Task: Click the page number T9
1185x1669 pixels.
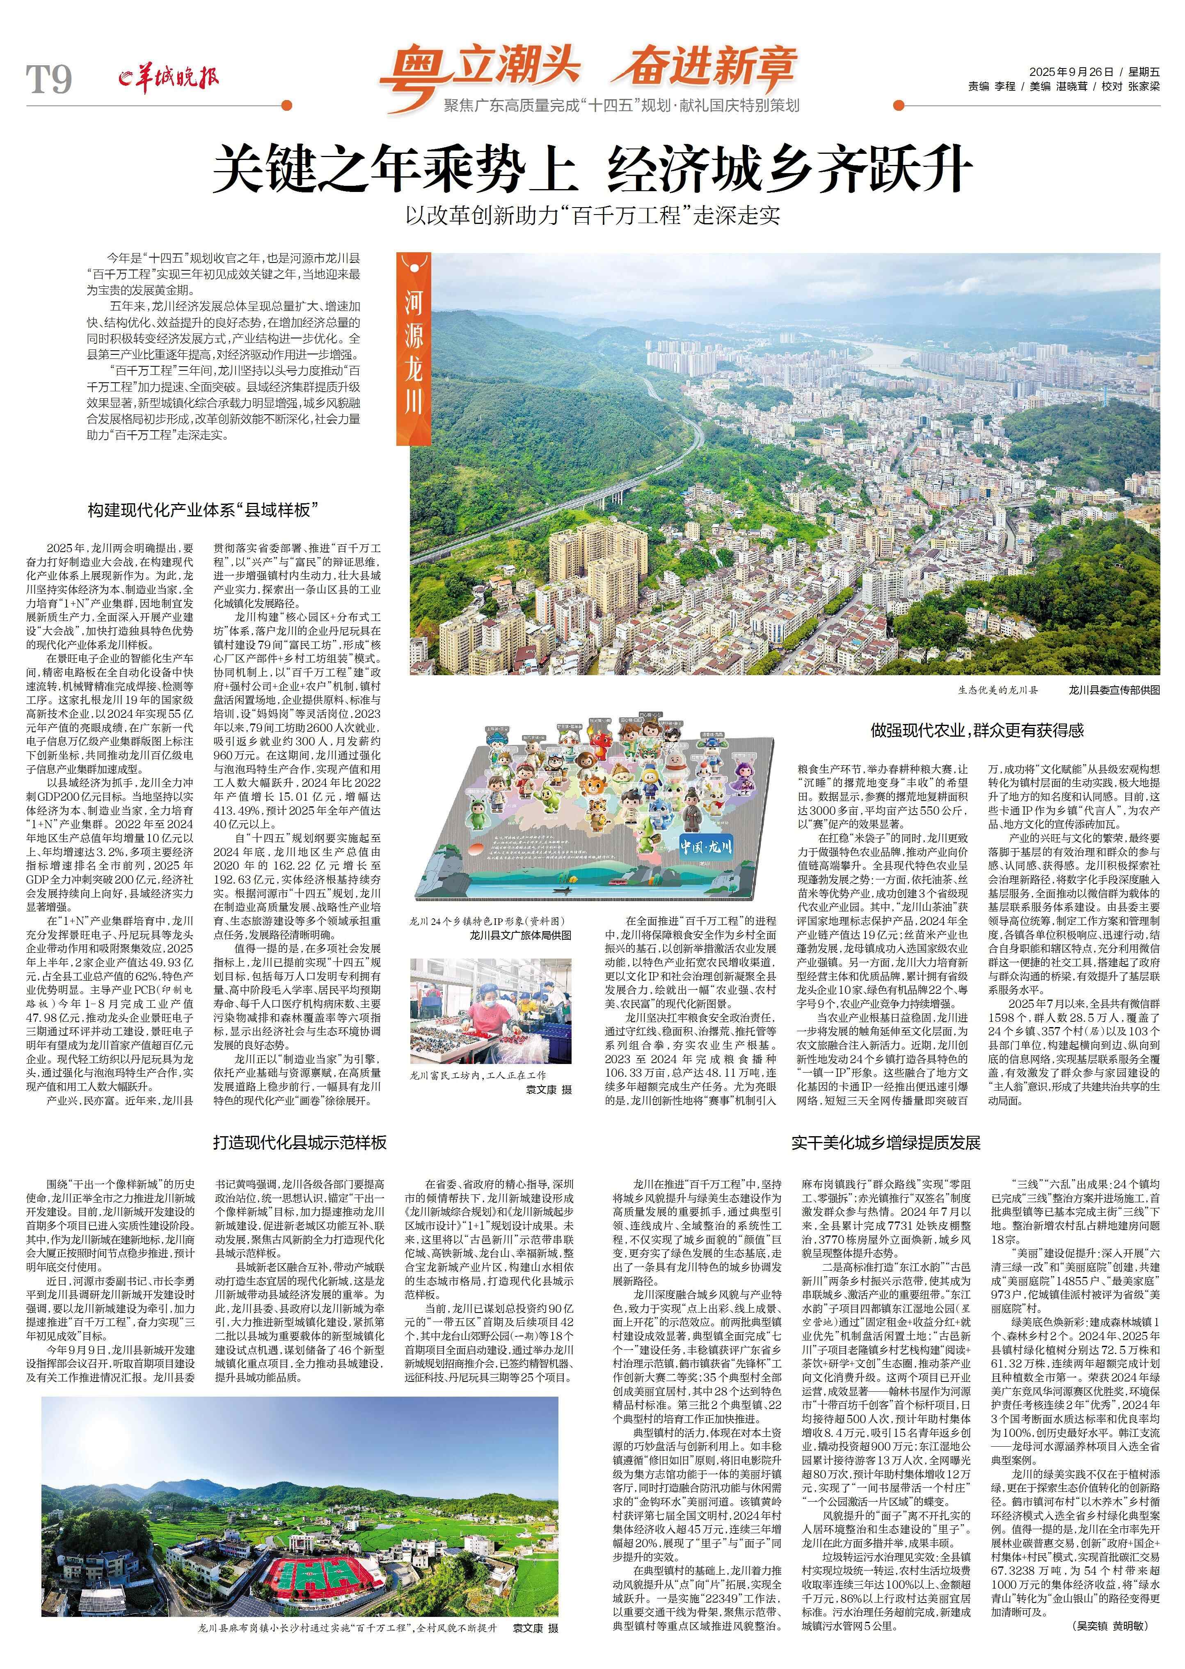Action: pos(50,79)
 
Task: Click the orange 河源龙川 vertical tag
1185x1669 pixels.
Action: pos(414,350)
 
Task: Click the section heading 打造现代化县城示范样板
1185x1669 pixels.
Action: pos(300,1142)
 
